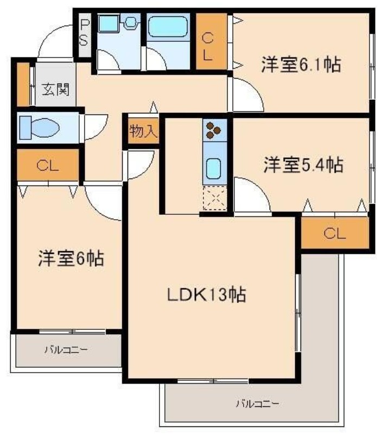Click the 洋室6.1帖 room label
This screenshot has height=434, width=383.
(301, 66)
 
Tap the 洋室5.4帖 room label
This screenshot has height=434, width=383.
(303, 164)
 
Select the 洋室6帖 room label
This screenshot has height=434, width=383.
(71, 258)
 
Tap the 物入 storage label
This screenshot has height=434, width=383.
(143, 131)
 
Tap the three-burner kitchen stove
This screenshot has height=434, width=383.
(213, 130)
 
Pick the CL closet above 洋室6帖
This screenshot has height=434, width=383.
(48, 165)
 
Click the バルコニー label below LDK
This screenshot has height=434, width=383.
(257, 404)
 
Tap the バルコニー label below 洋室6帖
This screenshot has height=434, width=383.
(66, 350)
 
